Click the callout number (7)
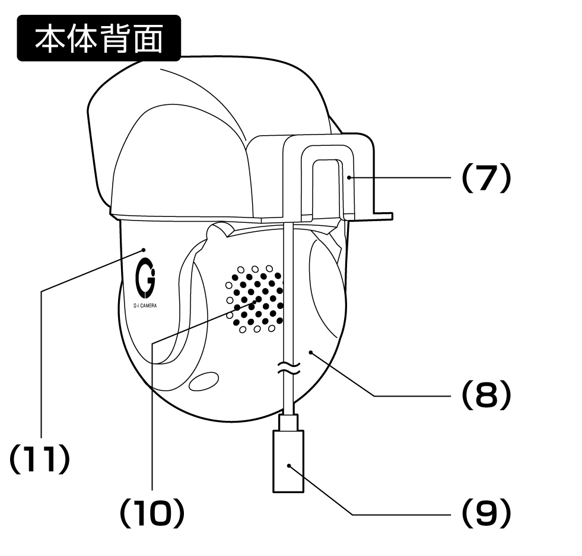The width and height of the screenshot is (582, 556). pyautogui.click(x=486, y=178)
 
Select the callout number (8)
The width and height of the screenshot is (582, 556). pyautogui.click(x=486, y=395)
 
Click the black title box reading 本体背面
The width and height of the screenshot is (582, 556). pyautogui.click(x=98, y=38)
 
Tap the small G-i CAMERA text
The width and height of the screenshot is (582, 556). pyautogui.click(x=145, y=306)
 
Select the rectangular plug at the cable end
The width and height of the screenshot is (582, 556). pyautogui.click(x=288, y=461)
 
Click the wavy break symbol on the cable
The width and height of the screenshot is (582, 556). pyautogui.click(x=288, y=368)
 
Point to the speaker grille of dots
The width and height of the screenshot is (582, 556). pyautogui.click(x=255, y=299)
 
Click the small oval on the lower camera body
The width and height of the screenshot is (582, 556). pyautogui.click(x=203, y=381)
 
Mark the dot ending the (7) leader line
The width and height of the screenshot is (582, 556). pyautogui.click(x=349, y=178)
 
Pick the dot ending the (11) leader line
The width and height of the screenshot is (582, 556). pyautogui.click(x=144, y=250)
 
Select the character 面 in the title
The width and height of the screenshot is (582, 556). pyautogui.click(x=148, y=38)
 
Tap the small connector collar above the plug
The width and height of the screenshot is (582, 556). pyautogui.click(x=288, y=422)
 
